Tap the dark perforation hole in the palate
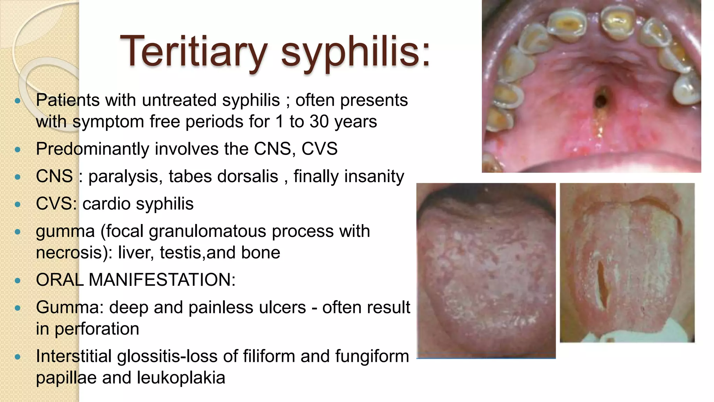[601, 99]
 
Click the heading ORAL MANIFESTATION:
[136, 280]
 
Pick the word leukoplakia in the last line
[181, 378]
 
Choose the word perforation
[97, 329]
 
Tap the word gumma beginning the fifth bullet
[65, 231]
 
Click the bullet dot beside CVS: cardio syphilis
[18, 204]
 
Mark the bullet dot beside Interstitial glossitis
[18, 357]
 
